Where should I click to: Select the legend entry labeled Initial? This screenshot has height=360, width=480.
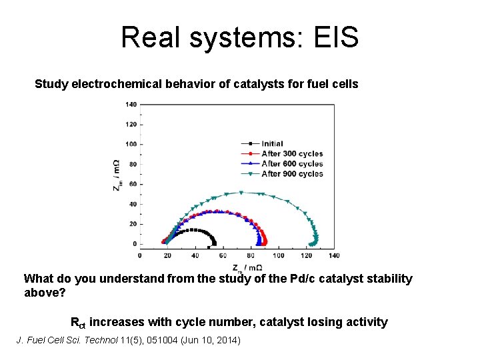[272, 143]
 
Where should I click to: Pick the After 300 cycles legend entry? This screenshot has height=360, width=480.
[291, 153]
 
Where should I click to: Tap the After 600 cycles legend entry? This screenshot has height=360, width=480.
[291, 163]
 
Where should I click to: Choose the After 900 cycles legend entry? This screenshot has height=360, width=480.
[291, 173]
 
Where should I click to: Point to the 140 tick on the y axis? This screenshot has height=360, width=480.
[131, 104]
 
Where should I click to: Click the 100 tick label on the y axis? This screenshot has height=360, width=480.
[131, 144]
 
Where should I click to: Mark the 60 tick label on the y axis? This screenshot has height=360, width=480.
[132, 184]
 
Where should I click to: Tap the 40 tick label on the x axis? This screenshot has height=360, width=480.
[195, 255]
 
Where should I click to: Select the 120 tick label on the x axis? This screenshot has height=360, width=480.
[306, 255]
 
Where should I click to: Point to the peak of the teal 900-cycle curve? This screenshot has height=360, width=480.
[241, 193]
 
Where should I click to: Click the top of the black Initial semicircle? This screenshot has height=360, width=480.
[193, 230]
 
